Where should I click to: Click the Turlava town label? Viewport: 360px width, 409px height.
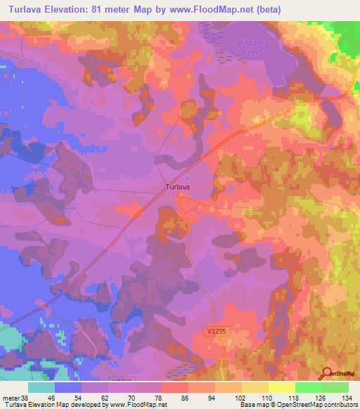(178, 188)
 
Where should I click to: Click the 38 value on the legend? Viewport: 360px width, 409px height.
(26, 397)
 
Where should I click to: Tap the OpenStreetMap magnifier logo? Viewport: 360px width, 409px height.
(328, 373)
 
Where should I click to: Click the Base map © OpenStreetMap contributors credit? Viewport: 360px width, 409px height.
(297, 405)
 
